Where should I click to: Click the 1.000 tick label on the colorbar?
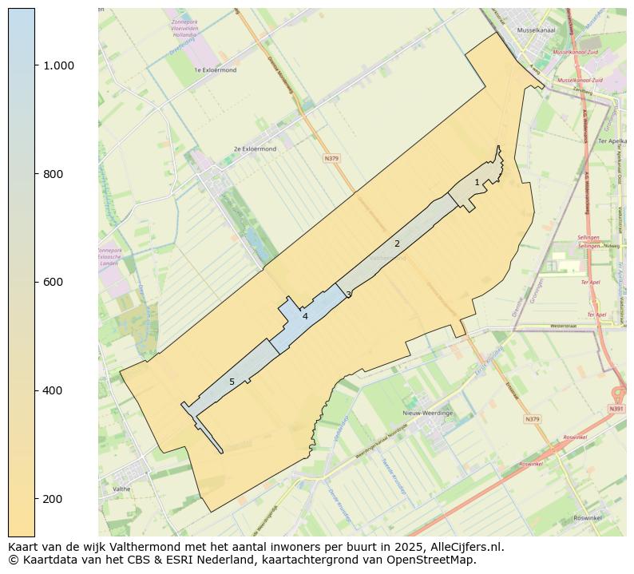(x=58, y=65)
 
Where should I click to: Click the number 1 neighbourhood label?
(x=477, y=183)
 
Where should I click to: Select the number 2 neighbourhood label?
(x=397, y=243)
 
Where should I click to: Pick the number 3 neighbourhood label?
(x=348, y=295)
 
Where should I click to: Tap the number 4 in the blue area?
(x=305, y=317)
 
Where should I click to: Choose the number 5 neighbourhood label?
(x=232, y=382)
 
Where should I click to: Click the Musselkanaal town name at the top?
(x=536, y=30)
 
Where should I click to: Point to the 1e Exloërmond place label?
(x=215, y=70)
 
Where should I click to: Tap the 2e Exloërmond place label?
(x=255, y=148)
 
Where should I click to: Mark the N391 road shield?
(x=616, y=409)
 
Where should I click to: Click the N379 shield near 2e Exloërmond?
(x=331, y=159)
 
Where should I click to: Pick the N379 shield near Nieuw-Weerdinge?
(x=532, y=418)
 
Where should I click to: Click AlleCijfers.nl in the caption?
(x=464, y=548)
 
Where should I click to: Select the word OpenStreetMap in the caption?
(x=437, y=560)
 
